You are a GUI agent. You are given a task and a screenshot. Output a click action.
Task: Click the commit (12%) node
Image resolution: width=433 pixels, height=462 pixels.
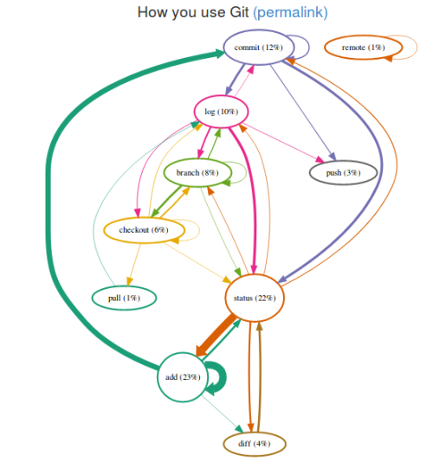(x=257, y=48)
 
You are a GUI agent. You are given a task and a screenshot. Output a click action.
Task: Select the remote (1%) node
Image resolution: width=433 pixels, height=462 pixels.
(x=363, y=47)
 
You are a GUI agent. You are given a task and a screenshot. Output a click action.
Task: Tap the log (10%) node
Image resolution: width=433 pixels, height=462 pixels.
(x=221, y=111)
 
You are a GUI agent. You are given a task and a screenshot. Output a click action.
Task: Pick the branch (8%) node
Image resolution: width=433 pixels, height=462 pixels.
(x=197, y=173)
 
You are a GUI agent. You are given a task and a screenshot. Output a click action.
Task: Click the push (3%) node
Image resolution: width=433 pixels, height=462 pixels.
(x=344, y=173)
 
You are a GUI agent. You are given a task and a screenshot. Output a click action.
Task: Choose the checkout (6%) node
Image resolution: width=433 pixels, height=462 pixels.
(x=142, y=229)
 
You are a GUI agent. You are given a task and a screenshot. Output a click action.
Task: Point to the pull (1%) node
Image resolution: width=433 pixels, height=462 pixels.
(x=124, y=298)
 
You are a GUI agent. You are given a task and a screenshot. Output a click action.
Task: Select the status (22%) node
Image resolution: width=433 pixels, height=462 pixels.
(x=255, y=298)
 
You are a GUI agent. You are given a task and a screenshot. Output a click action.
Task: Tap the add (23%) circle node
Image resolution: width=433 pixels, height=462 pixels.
(x=183, y=377)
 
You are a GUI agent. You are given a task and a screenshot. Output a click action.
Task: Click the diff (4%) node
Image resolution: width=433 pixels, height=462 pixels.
(x=254, y=443)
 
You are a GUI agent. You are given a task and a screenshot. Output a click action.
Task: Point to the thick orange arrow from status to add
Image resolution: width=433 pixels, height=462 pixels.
(x=216, y=335)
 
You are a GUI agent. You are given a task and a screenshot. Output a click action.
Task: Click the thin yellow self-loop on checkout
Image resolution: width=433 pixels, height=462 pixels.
(x=196, y=230)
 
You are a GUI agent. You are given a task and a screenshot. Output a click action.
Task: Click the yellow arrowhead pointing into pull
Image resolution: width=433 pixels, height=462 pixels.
(x=129, y=282)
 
